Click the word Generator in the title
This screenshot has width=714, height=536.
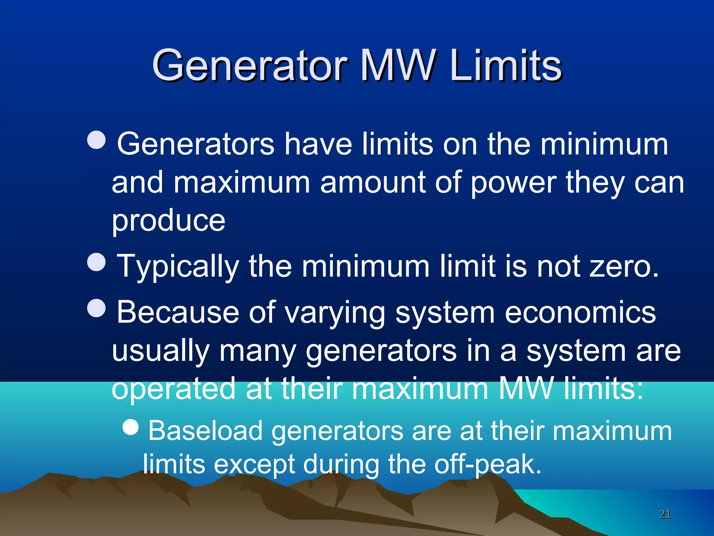click(250, 65)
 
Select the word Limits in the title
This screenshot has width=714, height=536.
click(506, 65)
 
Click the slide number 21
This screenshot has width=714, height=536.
click(665, 514)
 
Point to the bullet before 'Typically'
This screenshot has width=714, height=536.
click(96, 262)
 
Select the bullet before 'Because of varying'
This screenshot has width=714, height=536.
click(96, 308)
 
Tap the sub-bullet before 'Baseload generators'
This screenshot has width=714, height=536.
click(131, 427)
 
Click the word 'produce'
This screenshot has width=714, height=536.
click(168, 221)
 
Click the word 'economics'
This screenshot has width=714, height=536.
click(580, 312)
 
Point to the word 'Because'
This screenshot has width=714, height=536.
click(178, 312)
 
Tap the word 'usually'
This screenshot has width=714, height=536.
click(161, 351)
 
